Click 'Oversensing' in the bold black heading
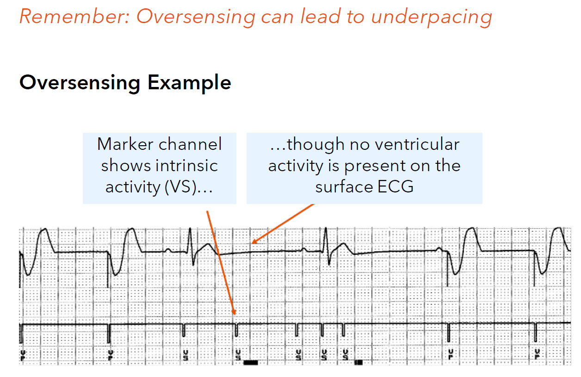click(x=80, y=83)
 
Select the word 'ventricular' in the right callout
click(x=415, y=144)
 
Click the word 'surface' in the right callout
click(x=344, y=187)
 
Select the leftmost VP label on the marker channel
click(x=23, y=355)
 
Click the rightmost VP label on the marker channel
click(x=537, y=355)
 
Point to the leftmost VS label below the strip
click(x=185, y=355)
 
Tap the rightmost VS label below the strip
click(x=345, y=355)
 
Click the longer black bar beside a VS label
click(x=250, y=363)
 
